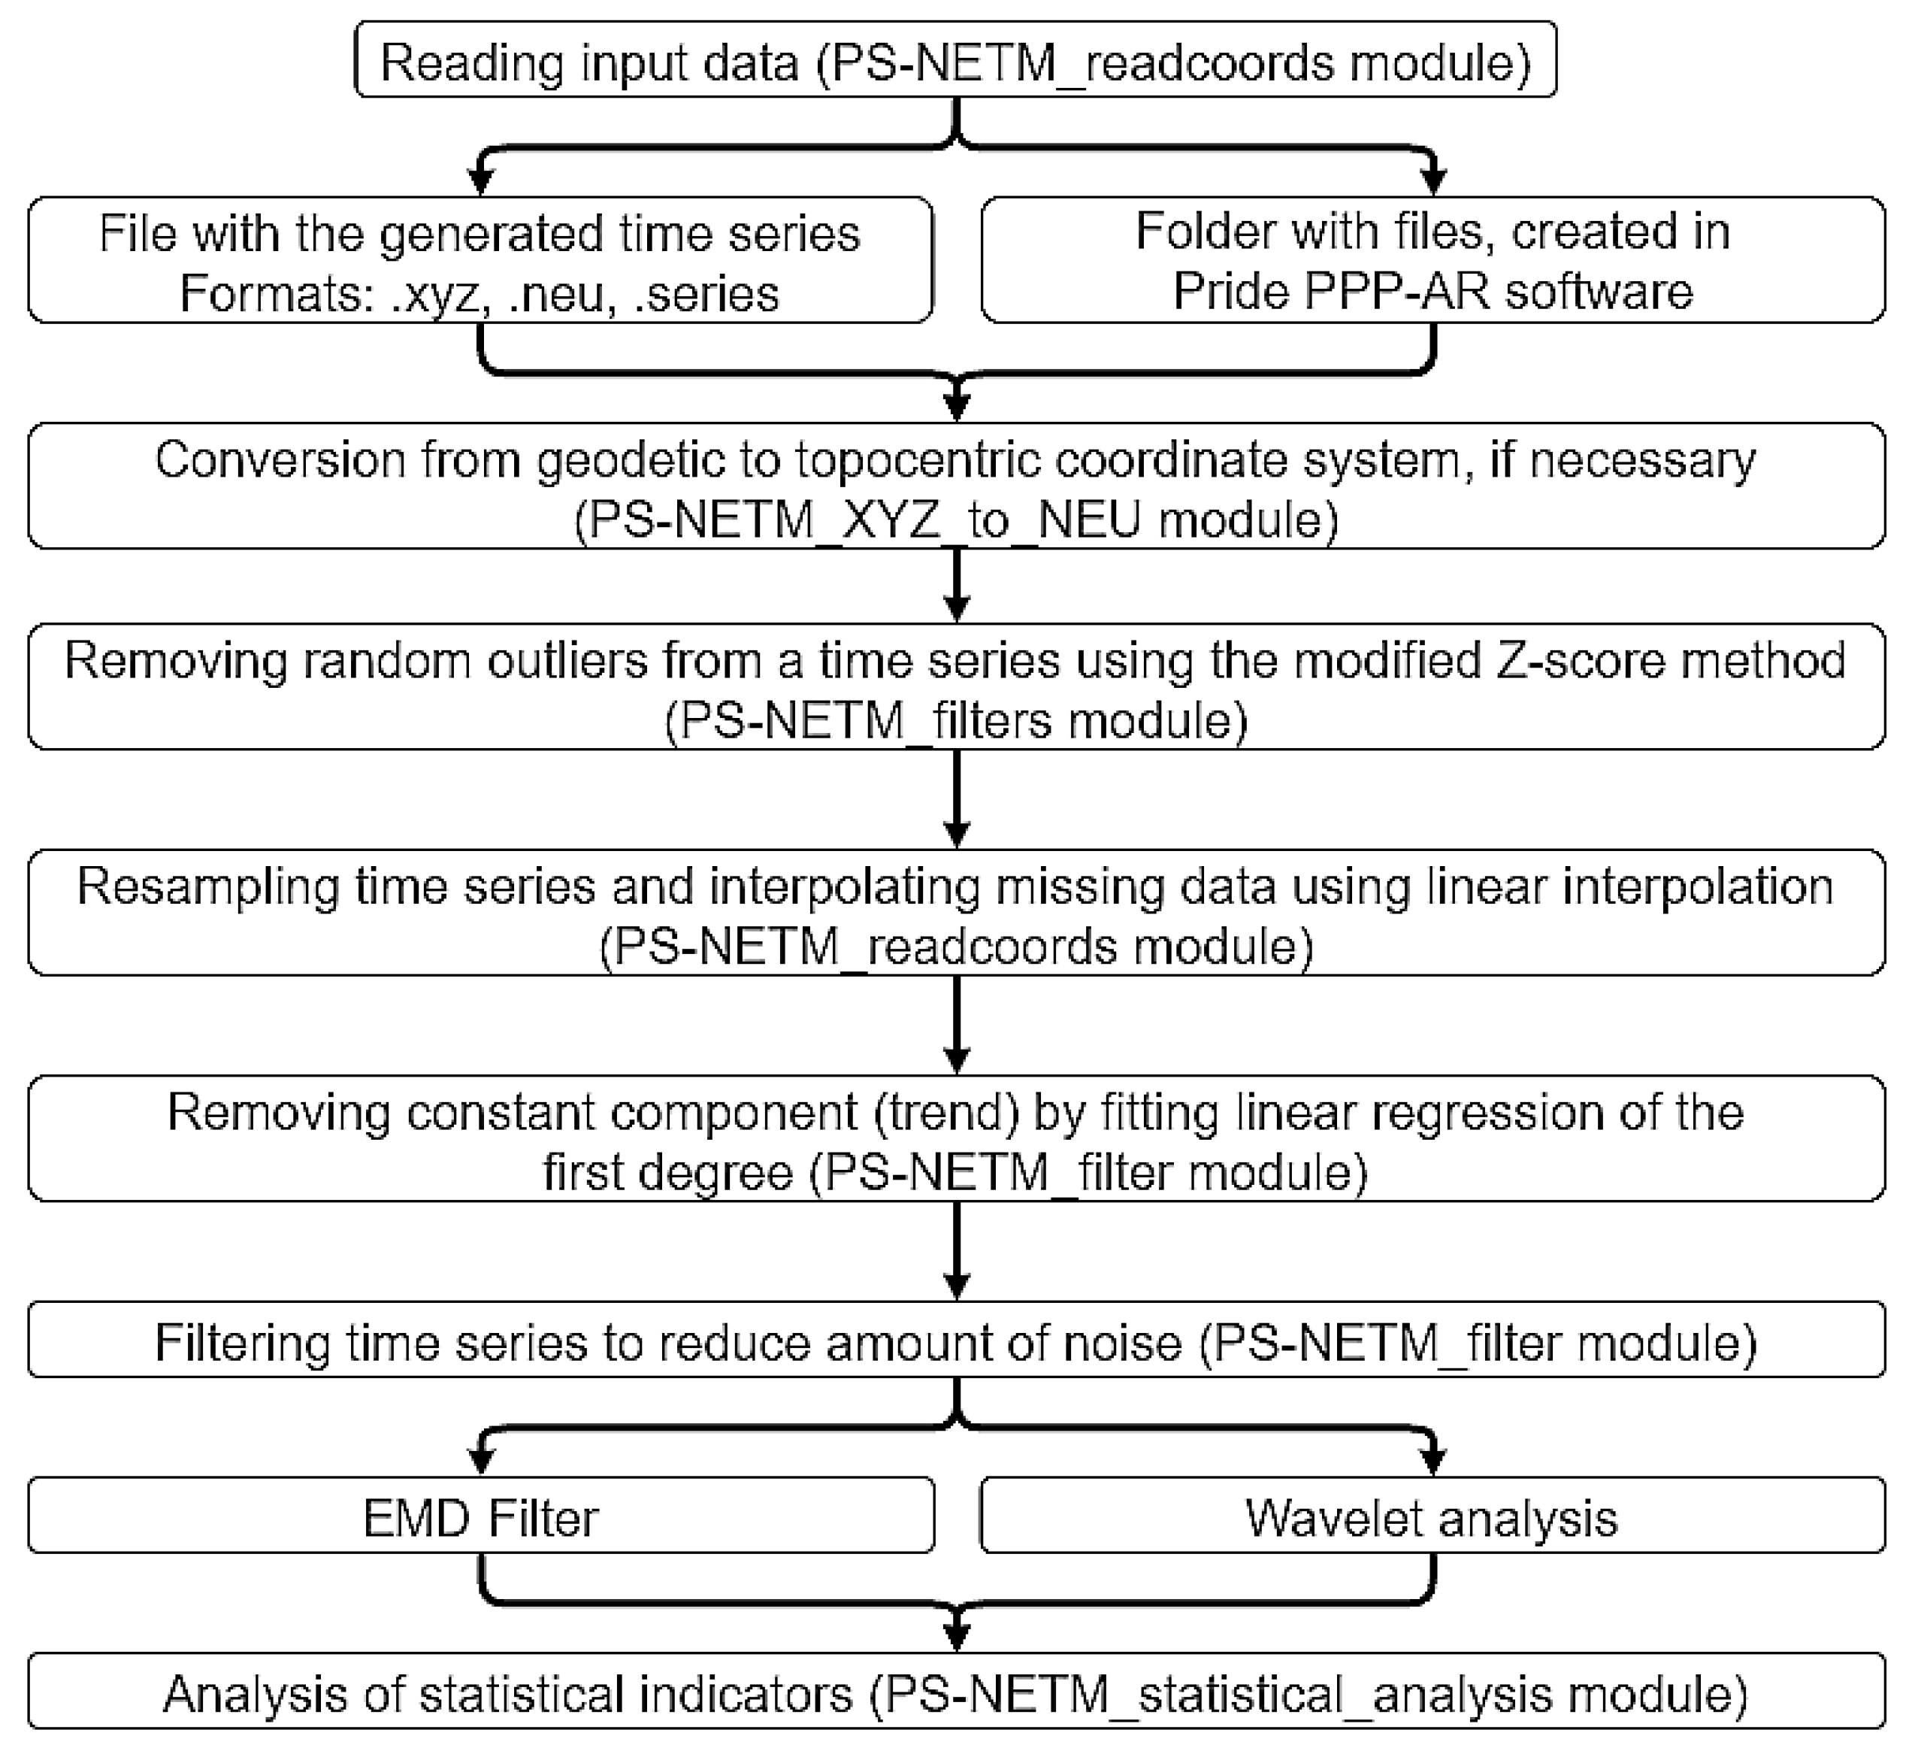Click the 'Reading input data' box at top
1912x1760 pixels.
tap(955, 60)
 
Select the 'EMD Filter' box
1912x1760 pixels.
tap(481, 1517)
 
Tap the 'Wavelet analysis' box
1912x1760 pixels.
tap(1431, 1517)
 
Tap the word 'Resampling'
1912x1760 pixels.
tap(207, 886)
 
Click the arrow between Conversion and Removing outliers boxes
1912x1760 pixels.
tap(956, 586)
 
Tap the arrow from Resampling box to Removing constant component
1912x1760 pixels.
tap(956, 1027)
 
